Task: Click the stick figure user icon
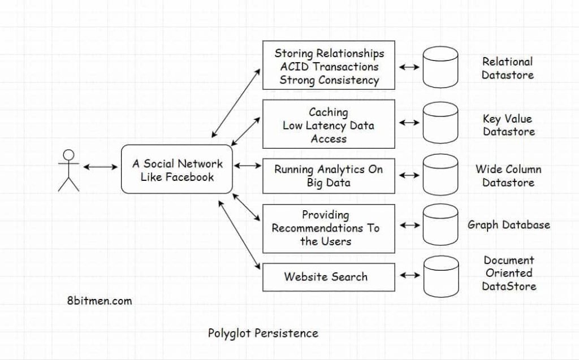68,170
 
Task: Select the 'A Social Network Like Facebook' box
177,170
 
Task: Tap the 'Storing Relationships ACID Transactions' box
329,66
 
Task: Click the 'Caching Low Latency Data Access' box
329,124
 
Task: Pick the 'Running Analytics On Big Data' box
329,176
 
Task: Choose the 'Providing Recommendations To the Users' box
329,228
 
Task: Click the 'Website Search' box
329,277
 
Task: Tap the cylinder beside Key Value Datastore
440,123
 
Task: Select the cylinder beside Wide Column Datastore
440,175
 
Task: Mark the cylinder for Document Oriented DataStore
440,276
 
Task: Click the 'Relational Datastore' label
507,68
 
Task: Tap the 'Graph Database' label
508,225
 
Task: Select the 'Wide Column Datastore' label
508,176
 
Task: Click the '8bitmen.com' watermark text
99,301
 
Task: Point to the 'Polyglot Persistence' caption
263,333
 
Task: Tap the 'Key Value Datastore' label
507,125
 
